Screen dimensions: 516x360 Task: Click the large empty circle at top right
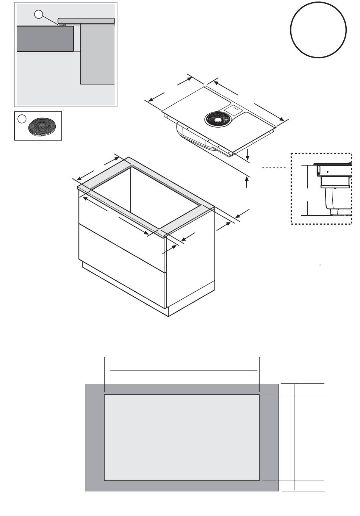pos(318,30)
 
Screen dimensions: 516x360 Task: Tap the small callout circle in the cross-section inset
pos(39,14)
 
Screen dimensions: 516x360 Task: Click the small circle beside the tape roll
pos(22,119)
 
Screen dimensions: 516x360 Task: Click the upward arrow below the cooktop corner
pos(247,183)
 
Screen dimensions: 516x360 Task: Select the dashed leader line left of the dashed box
pos(274,167)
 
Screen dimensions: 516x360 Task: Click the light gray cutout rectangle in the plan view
pos(182,437)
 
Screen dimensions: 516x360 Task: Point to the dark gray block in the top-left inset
pos(45,39)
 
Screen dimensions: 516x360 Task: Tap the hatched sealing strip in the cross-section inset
pos(61,25)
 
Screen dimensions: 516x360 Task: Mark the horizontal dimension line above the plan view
pos(183,370)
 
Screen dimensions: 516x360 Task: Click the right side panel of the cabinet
pos(190,273)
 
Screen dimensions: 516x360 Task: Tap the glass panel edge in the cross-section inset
pos(86,20)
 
